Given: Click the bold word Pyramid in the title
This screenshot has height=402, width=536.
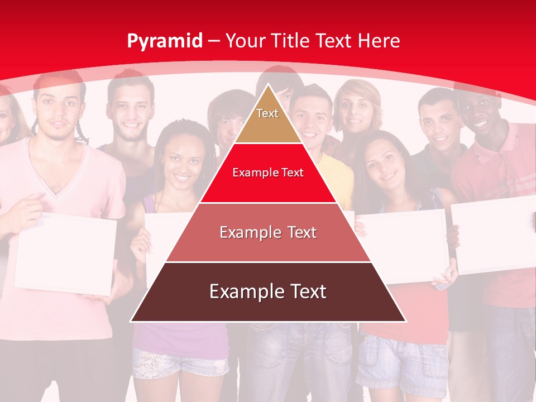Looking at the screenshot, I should (x=164, y=41).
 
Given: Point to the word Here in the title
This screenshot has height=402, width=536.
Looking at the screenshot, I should (x=379, y=41).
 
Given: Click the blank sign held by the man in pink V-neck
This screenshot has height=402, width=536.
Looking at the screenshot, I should (x=65, y=255).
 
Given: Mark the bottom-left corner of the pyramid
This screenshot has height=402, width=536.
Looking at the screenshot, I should (x=131, y=321).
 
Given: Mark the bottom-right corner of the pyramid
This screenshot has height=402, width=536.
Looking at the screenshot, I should (x=405, y=321).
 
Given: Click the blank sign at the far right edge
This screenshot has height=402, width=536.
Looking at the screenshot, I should (x=494, y=234).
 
